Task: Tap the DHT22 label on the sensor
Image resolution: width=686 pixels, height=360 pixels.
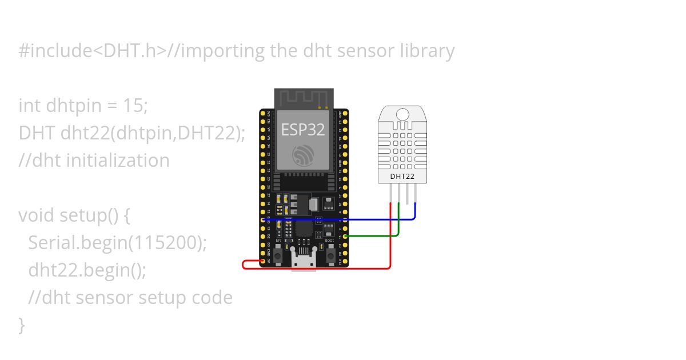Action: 402,176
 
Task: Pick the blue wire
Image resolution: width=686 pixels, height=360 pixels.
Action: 343,219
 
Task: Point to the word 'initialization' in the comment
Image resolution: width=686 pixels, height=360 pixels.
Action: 118,160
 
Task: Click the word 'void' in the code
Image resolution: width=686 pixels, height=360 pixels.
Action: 36,215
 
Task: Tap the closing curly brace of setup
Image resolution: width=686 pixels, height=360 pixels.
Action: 22,325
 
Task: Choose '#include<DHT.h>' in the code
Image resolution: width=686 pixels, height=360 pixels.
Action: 92,51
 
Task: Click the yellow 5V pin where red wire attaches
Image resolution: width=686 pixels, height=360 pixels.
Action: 263,261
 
